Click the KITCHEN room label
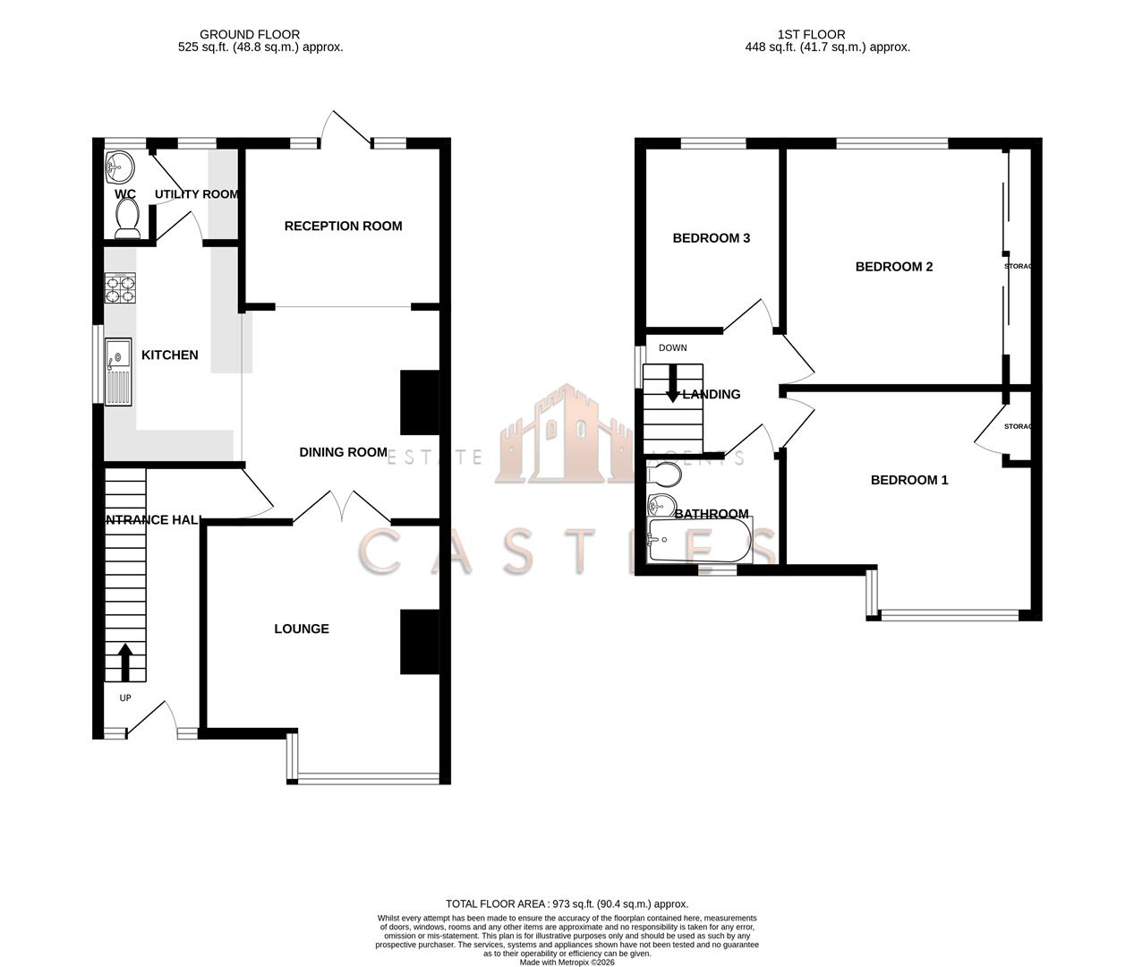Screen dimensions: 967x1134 point(169,355)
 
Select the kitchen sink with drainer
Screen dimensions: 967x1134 point(118,372)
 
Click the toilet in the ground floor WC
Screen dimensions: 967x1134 point(127,218)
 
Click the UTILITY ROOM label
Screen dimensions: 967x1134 point(196,194)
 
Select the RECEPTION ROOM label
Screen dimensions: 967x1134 point(343,227)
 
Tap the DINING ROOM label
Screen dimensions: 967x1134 point(343,452)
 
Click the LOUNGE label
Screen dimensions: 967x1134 point(302,629)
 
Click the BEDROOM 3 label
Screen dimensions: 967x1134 point(711,238)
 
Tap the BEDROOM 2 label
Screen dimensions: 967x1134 point(893,267)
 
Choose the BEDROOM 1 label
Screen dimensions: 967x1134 point(908,480)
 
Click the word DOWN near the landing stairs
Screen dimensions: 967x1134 point(672,347)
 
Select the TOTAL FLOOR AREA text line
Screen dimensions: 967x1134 point(567,904)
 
